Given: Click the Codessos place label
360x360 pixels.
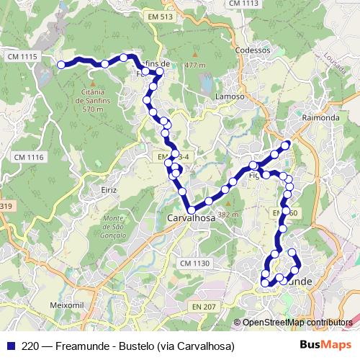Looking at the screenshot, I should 253,51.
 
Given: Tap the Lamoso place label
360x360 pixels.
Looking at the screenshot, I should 230,96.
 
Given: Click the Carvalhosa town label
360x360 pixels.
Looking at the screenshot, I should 191,217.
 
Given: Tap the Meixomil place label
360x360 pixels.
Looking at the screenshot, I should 68,306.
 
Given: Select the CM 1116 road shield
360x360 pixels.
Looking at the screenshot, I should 29,157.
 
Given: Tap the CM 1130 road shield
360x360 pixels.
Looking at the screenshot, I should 194,264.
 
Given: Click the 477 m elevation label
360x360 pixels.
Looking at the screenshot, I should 195,65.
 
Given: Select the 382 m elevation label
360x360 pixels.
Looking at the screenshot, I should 228,215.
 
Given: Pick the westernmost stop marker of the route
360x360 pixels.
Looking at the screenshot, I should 61,65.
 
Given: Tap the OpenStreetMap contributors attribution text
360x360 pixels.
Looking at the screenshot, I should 297,322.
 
